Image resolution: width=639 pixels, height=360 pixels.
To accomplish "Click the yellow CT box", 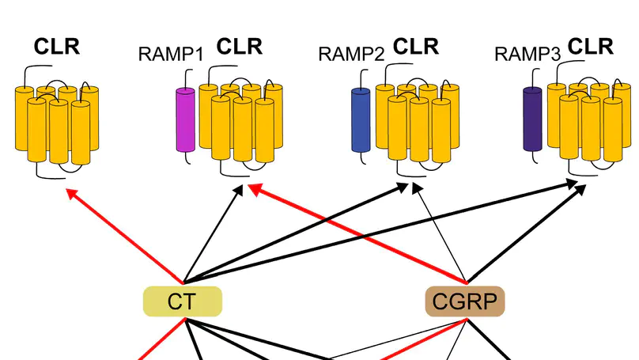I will pyautogui.click(x=182, y=301).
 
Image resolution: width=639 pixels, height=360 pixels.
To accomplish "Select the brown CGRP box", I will pyautogui.click(x=465, y=301).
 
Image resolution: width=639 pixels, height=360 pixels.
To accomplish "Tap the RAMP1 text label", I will pyautogui.click(x=171, y=55).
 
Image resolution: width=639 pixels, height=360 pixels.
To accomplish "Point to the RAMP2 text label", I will pyautogui.click(x=351, y=54).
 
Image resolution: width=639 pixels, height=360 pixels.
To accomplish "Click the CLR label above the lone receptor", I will pyautogui.click(x=56, y=47).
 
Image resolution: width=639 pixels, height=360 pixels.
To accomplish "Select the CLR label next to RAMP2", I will pyautogui.click(x=416, y=47).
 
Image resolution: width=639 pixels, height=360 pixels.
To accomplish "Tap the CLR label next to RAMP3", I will pyautogui.click(x=592, y=47).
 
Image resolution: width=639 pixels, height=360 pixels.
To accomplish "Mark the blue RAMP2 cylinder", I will pyautogui.click(x=361, y=119).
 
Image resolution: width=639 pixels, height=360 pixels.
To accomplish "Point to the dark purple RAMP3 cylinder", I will pyautogui.click(x=533, y=119).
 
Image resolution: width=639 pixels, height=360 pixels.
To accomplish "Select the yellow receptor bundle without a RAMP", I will pyautogui.click(x=57, y=123).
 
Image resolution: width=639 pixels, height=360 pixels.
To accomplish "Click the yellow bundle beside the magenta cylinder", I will pyautogui.click(x=240, y=123).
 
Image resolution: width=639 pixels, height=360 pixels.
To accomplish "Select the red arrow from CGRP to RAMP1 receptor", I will pyautogui.click(x=356, y=233).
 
